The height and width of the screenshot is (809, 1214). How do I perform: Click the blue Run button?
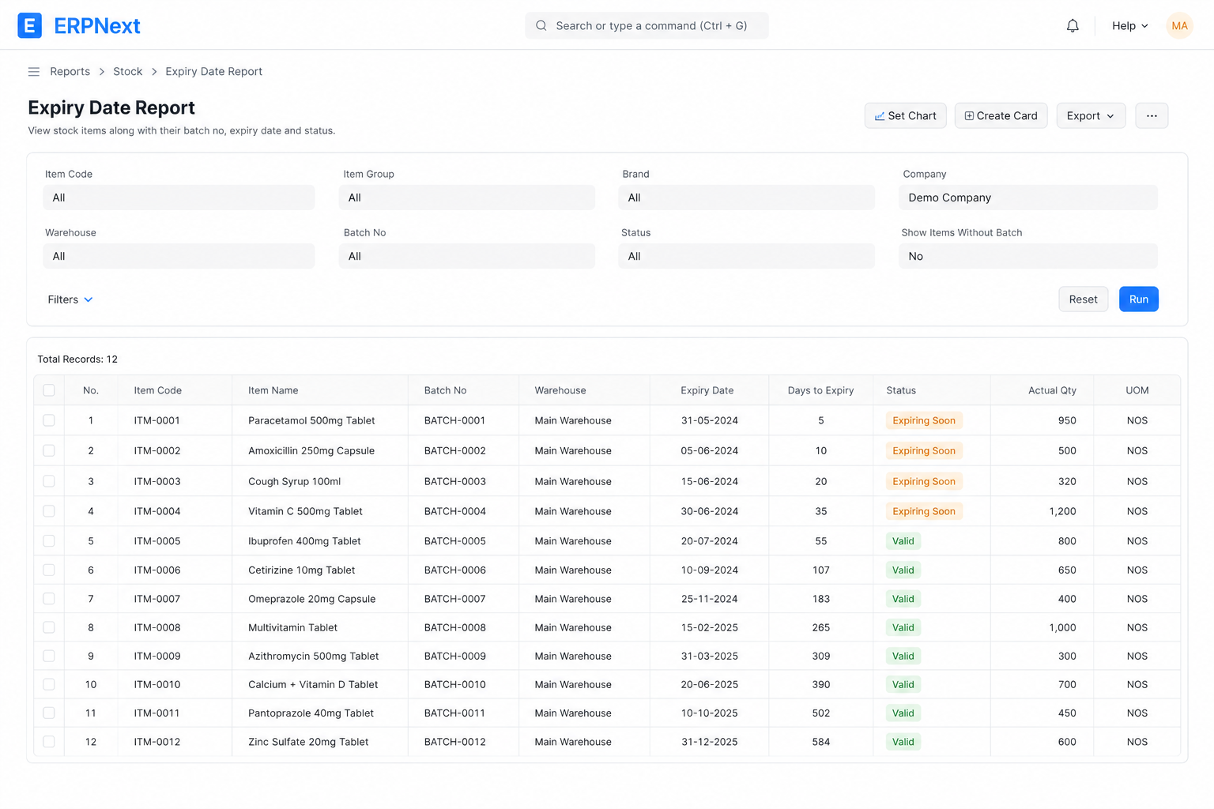pos(1138,299)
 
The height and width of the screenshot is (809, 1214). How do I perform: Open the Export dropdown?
pos(1091,115)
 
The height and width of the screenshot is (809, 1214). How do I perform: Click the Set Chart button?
pos(905,115)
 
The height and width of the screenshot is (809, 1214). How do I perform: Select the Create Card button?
pos(1001,115)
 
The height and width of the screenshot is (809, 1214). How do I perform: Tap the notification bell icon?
pos(1072,25)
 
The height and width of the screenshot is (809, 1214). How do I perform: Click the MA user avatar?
pos(1179,25)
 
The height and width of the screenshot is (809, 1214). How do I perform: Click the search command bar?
pos(647,25)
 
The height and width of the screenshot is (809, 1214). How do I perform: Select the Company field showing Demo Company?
pos(1027,198)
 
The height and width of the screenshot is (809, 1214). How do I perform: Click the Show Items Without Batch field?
pos(1027,256)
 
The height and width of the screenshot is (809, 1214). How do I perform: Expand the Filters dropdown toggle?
pos(70,299)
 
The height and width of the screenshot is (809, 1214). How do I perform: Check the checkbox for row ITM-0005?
pos(49,540)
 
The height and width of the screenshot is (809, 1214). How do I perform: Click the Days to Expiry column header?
pos(820,390)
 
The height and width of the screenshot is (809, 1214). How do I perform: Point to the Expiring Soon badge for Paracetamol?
pos(923,420)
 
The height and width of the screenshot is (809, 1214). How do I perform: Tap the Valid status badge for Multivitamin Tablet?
pos(903,627)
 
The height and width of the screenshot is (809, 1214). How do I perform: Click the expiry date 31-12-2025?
pos(709,742)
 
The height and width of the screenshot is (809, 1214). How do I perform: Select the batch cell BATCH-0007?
pos(454,599)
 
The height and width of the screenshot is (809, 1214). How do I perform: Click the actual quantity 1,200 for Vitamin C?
pos(1062,511)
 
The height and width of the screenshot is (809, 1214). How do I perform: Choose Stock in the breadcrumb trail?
pos(127,72)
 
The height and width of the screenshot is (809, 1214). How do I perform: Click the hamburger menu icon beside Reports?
pos(34,72)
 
